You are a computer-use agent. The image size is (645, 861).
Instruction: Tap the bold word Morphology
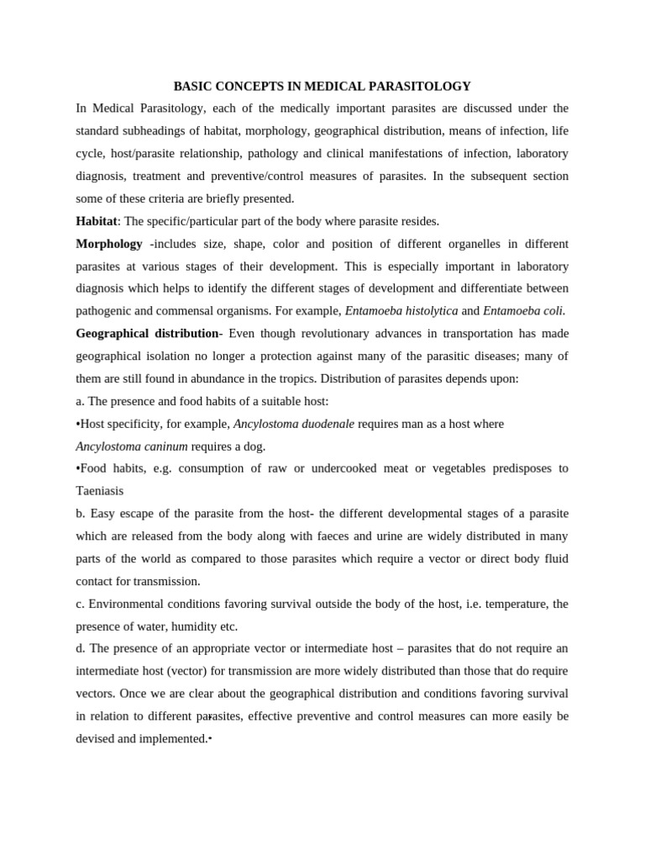coord(109,244)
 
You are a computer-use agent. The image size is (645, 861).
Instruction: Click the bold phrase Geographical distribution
coord(147,334)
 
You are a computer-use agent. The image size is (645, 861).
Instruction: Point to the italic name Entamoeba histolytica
coord(401,311)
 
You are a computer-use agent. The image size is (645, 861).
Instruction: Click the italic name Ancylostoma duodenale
coord(294,424)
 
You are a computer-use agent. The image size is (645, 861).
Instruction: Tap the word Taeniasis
coord(99,491)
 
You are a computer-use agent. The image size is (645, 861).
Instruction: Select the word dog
coord(254,446)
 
